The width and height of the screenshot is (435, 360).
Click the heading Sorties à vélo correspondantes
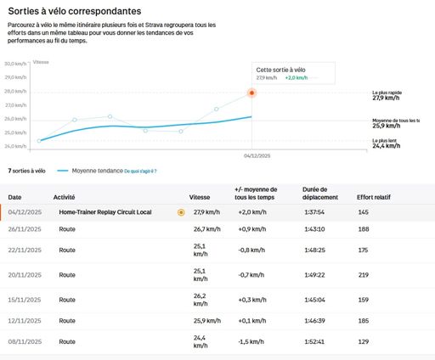[75, 12]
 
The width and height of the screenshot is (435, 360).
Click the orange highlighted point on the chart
[251, 93]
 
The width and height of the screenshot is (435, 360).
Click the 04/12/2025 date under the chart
[256, 156]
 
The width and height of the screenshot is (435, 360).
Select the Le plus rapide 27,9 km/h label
[393, 96]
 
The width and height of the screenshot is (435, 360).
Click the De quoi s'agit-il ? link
[140, 171]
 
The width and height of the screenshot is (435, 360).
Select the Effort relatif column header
[375, 197]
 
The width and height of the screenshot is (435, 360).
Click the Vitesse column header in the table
[200, 197]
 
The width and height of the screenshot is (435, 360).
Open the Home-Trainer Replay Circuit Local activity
[105, 212]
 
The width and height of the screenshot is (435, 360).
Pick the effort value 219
[364, 275]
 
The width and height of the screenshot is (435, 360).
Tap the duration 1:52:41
[315, 342]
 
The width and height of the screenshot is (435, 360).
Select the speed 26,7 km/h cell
[206, 229]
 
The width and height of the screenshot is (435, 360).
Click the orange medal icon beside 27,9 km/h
[181, 212]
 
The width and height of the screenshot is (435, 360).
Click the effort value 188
[364, 229]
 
